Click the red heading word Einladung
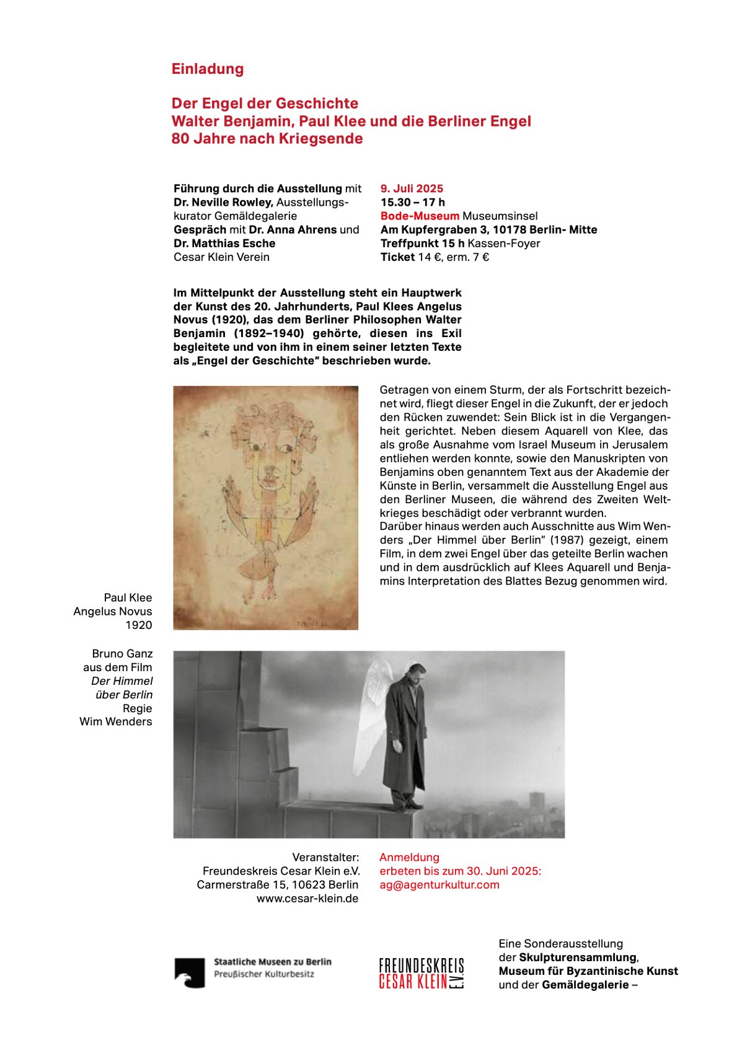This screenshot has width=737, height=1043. coord(208,69)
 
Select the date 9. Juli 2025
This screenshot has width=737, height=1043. coord(412,188)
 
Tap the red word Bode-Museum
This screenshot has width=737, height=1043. coord(420,216)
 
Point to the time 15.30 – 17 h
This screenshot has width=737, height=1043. coord(412,202)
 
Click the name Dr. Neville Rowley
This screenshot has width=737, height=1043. coord(223,202)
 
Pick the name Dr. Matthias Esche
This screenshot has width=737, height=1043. coord(224,243)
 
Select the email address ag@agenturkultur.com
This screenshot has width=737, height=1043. coord(439,884)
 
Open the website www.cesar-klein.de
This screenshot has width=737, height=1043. coord(307,898)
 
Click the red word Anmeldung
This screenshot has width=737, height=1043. coord(409,857)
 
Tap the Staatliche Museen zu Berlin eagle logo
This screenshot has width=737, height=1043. coord(189,972)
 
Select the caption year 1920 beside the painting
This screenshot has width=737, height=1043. coord(138,625)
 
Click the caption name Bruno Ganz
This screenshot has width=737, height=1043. coord(122,653)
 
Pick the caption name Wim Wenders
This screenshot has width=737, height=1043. coord(115,721)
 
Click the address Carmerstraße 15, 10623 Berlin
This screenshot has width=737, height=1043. coord(277,884)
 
